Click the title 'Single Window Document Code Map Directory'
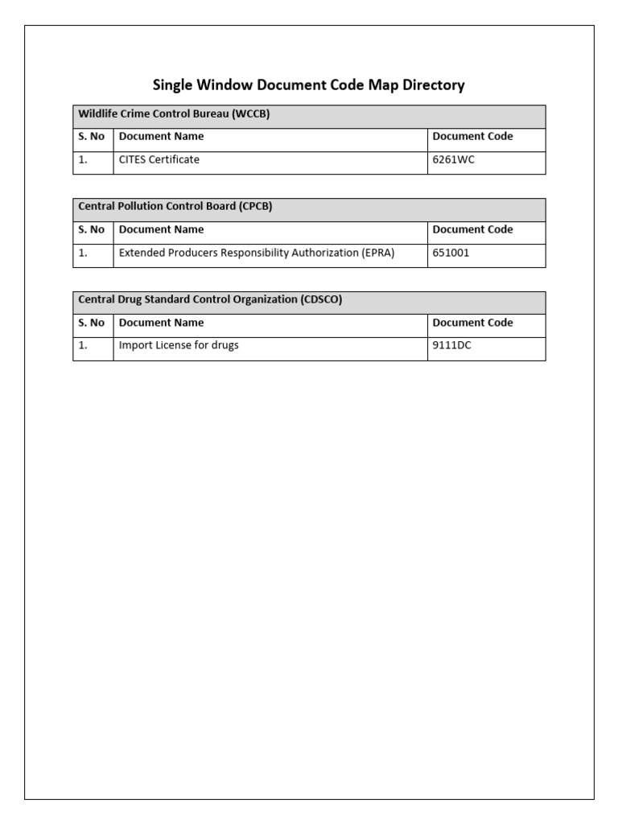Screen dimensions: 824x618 click(x=309, y=84)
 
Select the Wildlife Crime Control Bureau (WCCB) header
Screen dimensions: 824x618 click(x=174, y=114)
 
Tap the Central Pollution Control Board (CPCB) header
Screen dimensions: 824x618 click(x=175, y=207)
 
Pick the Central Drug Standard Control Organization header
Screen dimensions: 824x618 click(x=210, y=299)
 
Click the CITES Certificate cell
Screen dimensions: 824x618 click(x=159, y=160)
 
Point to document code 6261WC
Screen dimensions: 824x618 click(x=454, y=160)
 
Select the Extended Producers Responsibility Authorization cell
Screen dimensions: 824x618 click(x=257, y=253)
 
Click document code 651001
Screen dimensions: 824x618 click(x=451, y=253)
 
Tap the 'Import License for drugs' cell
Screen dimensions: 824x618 click(x=179, y=346)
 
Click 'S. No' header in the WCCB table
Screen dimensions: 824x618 click(x=92, y=137)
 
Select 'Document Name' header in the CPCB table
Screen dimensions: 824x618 click(x=162, y=229)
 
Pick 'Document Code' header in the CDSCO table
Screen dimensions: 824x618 click(x=472, y=323)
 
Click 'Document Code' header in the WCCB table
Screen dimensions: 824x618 click(x=472, y=137)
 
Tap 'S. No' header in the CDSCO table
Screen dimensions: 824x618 click(x=92, y=323)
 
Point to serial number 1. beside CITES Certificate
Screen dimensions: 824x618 click(x=83, y=160)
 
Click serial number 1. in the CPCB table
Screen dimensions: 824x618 click(x=83, y=253)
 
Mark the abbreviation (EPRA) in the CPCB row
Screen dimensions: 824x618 click(x=378, y=253)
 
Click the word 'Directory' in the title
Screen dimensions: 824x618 click(x=436, y=84)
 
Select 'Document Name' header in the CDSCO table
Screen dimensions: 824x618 click(x=162, y=323)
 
